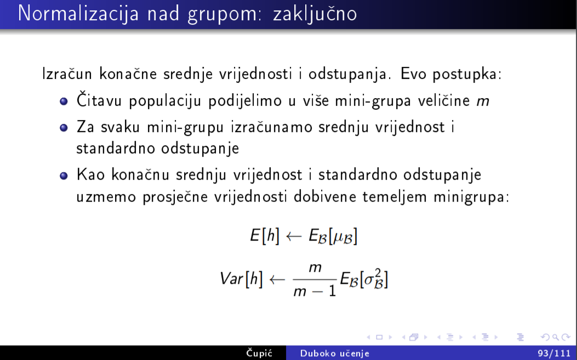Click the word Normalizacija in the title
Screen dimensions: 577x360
point(78,13)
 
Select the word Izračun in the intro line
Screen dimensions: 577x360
point(67,73)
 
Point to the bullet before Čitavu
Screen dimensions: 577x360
point(64,101)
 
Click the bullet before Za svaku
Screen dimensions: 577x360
point(64,128)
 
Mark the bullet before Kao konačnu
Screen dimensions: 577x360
point(64,175)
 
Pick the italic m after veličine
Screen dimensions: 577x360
point(483,101)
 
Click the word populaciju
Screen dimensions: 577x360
point(165,101)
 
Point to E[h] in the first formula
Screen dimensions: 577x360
point(265,235)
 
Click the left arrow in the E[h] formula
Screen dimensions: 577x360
point(294,236)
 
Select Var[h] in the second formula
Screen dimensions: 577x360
point(242,279)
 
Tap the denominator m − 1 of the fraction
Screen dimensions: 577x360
point(315,291)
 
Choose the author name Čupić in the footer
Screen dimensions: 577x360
point(259,353)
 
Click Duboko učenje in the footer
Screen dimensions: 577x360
point(334,353)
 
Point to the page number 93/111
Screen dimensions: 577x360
point(554,353)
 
